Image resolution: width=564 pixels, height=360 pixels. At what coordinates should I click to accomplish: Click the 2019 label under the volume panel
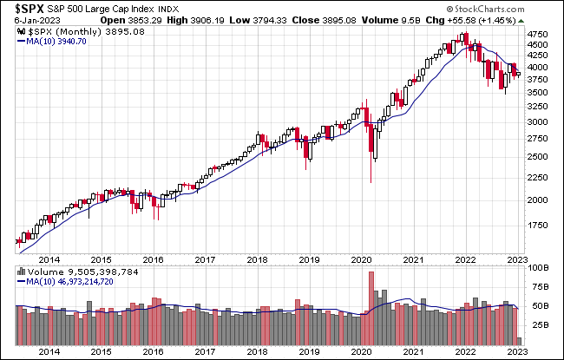pyautogui.click(x=312, y=352)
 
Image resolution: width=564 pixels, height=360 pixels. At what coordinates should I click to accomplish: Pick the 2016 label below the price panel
pyautogui.click(x=154, y=259)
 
